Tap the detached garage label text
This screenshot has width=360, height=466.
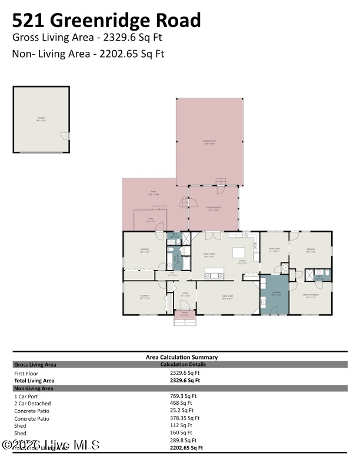tap(41, 119)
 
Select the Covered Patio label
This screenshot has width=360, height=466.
tap(209, 142)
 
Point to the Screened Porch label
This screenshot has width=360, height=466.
tap(213, 208)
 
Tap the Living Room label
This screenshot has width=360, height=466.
tap(227, 298)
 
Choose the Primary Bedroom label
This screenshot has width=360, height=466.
tap(311, 295)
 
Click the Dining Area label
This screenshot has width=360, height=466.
tap(274, 250)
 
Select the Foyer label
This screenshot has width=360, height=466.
tap(184, 294)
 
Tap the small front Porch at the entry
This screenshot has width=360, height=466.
tap(185, 315)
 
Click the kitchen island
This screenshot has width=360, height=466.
tap(239, 253)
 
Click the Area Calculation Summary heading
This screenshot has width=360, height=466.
tap(182, 357)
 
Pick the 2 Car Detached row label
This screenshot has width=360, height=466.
tap(31, 404)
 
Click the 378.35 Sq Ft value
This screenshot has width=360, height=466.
tap(185, 418)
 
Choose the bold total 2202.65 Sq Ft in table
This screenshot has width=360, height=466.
tap(186, 448)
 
